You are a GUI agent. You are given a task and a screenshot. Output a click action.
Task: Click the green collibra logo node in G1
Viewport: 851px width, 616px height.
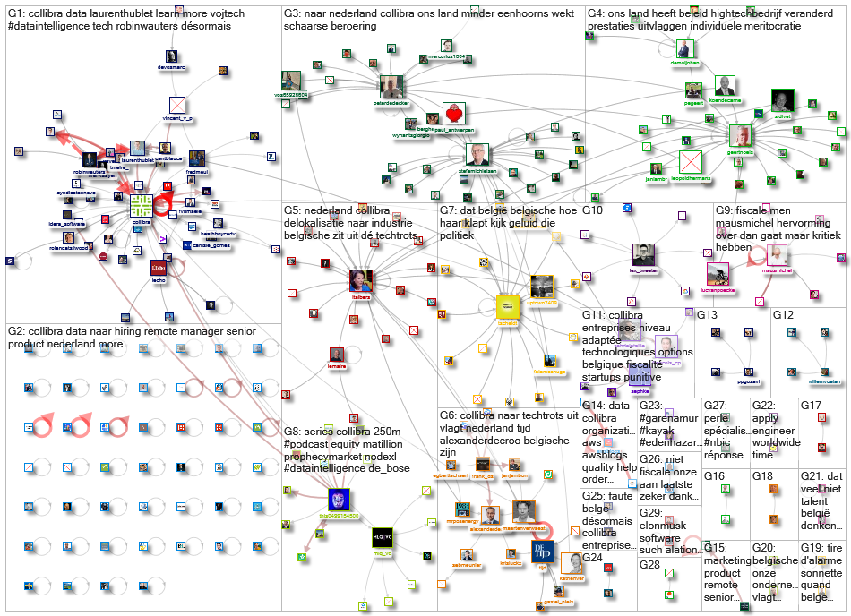[141, 204]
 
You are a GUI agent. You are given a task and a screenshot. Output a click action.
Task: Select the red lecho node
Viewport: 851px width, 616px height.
[159, 271]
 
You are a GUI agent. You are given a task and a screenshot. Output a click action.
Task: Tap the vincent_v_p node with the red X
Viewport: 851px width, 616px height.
[176, 106]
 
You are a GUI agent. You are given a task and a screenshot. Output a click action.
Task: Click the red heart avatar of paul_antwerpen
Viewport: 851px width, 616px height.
[453, 114]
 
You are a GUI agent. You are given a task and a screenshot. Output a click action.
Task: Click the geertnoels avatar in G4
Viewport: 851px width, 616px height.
[739, 136]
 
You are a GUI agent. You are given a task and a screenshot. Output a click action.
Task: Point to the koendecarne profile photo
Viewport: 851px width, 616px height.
[725, 86]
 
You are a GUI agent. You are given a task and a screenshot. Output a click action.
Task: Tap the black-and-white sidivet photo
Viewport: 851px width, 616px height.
[783, 99]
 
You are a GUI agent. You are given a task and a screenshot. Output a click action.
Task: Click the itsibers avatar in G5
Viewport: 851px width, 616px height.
[360, 280]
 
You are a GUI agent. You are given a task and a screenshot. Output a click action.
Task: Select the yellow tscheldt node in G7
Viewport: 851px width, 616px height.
[509, 307]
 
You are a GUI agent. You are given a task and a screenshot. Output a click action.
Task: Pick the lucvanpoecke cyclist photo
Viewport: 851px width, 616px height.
[717, 272]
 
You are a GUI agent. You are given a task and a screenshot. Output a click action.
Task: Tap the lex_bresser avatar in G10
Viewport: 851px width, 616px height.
[643, 253]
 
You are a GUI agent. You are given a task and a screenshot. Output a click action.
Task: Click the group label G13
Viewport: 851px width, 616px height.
[707, 314]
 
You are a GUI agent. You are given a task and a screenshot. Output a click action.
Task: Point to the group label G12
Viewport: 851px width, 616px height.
[783, 314]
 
